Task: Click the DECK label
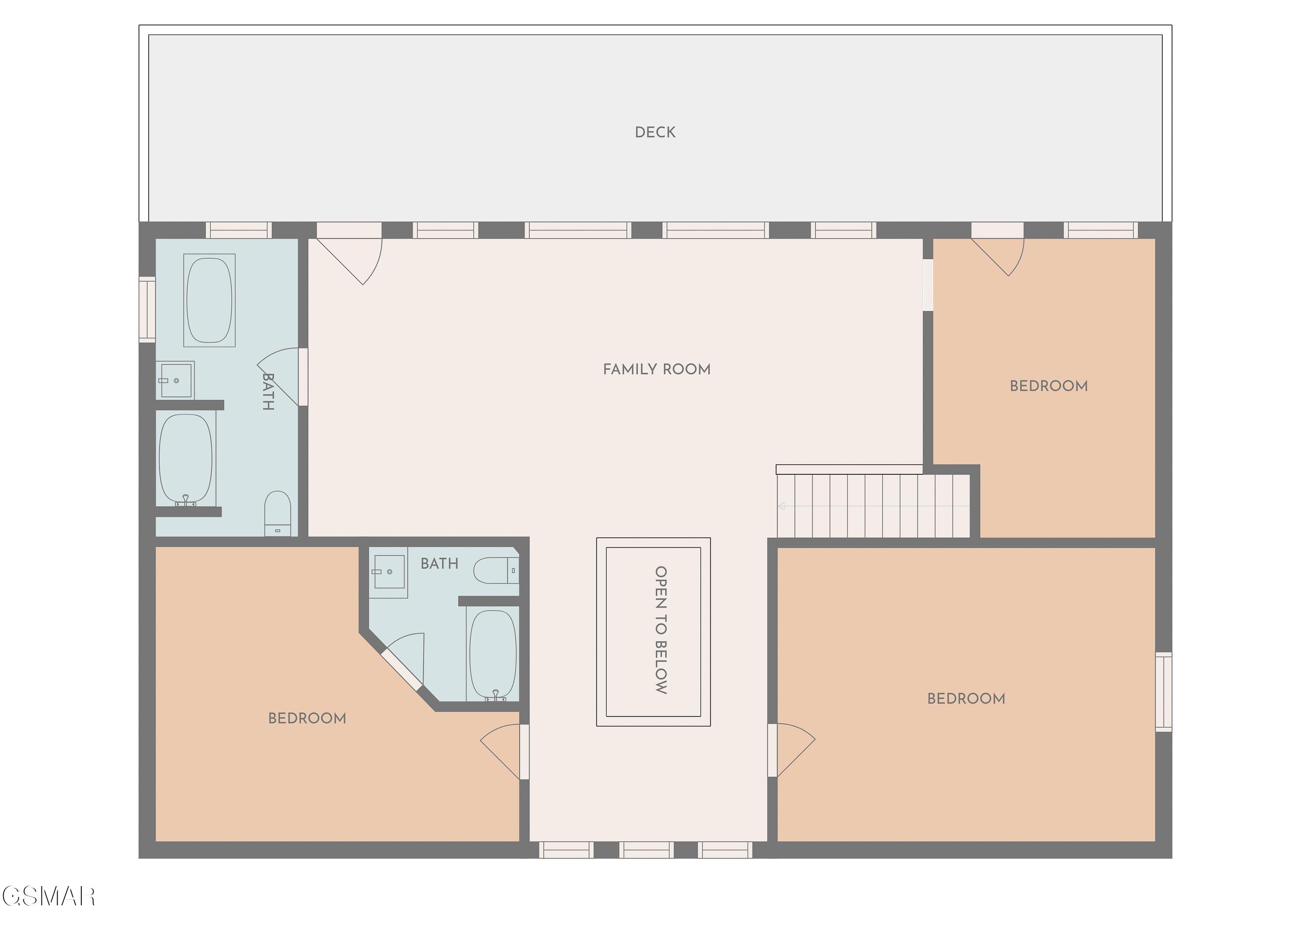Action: [x=655, y=132]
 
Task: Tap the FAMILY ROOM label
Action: [x=657, y=369]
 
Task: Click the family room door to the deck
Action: [x=349, y=254]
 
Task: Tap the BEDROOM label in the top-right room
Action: [x=1048, y=386]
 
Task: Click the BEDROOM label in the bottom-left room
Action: [x=307, y=718]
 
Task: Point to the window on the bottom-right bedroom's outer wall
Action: [x=1163, y=692]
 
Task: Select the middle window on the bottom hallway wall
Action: [x=646, y=850]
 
